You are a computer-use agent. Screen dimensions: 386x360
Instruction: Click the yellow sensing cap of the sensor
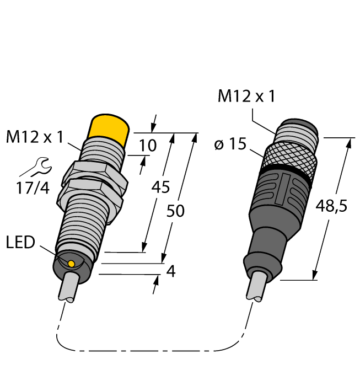click(110, 130)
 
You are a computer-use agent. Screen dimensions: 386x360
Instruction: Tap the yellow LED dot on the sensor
click(71, 264)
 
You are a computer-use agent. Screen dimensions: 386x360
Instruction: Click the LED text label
click(21, 242)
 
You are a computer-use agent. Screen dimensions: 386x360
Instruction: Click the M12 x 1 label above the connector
click(246, 96)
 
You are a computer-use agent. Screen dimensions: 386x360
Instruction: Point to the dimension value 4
click(171, 271)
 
